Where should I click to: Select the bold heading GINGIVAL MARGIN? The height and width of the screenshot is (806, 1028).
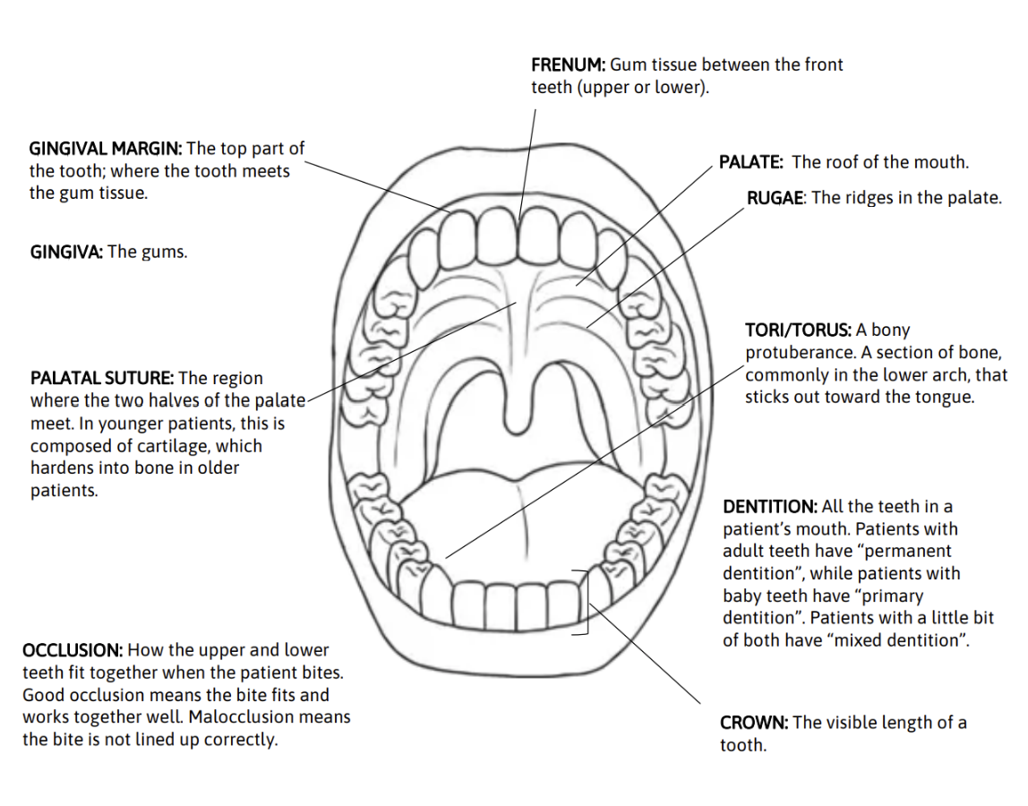tap(106, 148)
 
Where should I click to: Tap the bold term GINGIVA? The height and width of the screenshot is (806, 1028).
tap(67, 252)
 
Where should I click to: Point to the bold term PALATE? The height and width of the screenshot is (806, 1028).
tap(751, 162)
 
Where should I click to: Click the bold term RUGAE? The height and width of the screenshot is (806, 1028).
tap(775, 198)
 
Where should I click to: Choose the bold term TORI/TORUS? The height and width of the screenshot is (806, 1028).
tap(798, 330)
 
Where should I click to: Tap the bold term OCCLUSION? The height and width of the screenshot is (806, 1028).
tap(73, 650)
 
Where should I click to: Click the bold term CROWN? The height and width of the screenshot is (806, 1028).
tap(754, 723)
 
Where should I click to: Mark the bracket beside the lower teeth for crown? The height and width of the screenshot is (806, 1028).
tap(587, 602)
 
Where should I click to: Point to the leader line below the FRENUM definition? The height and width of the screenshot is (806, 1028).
tap(527, 161)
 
